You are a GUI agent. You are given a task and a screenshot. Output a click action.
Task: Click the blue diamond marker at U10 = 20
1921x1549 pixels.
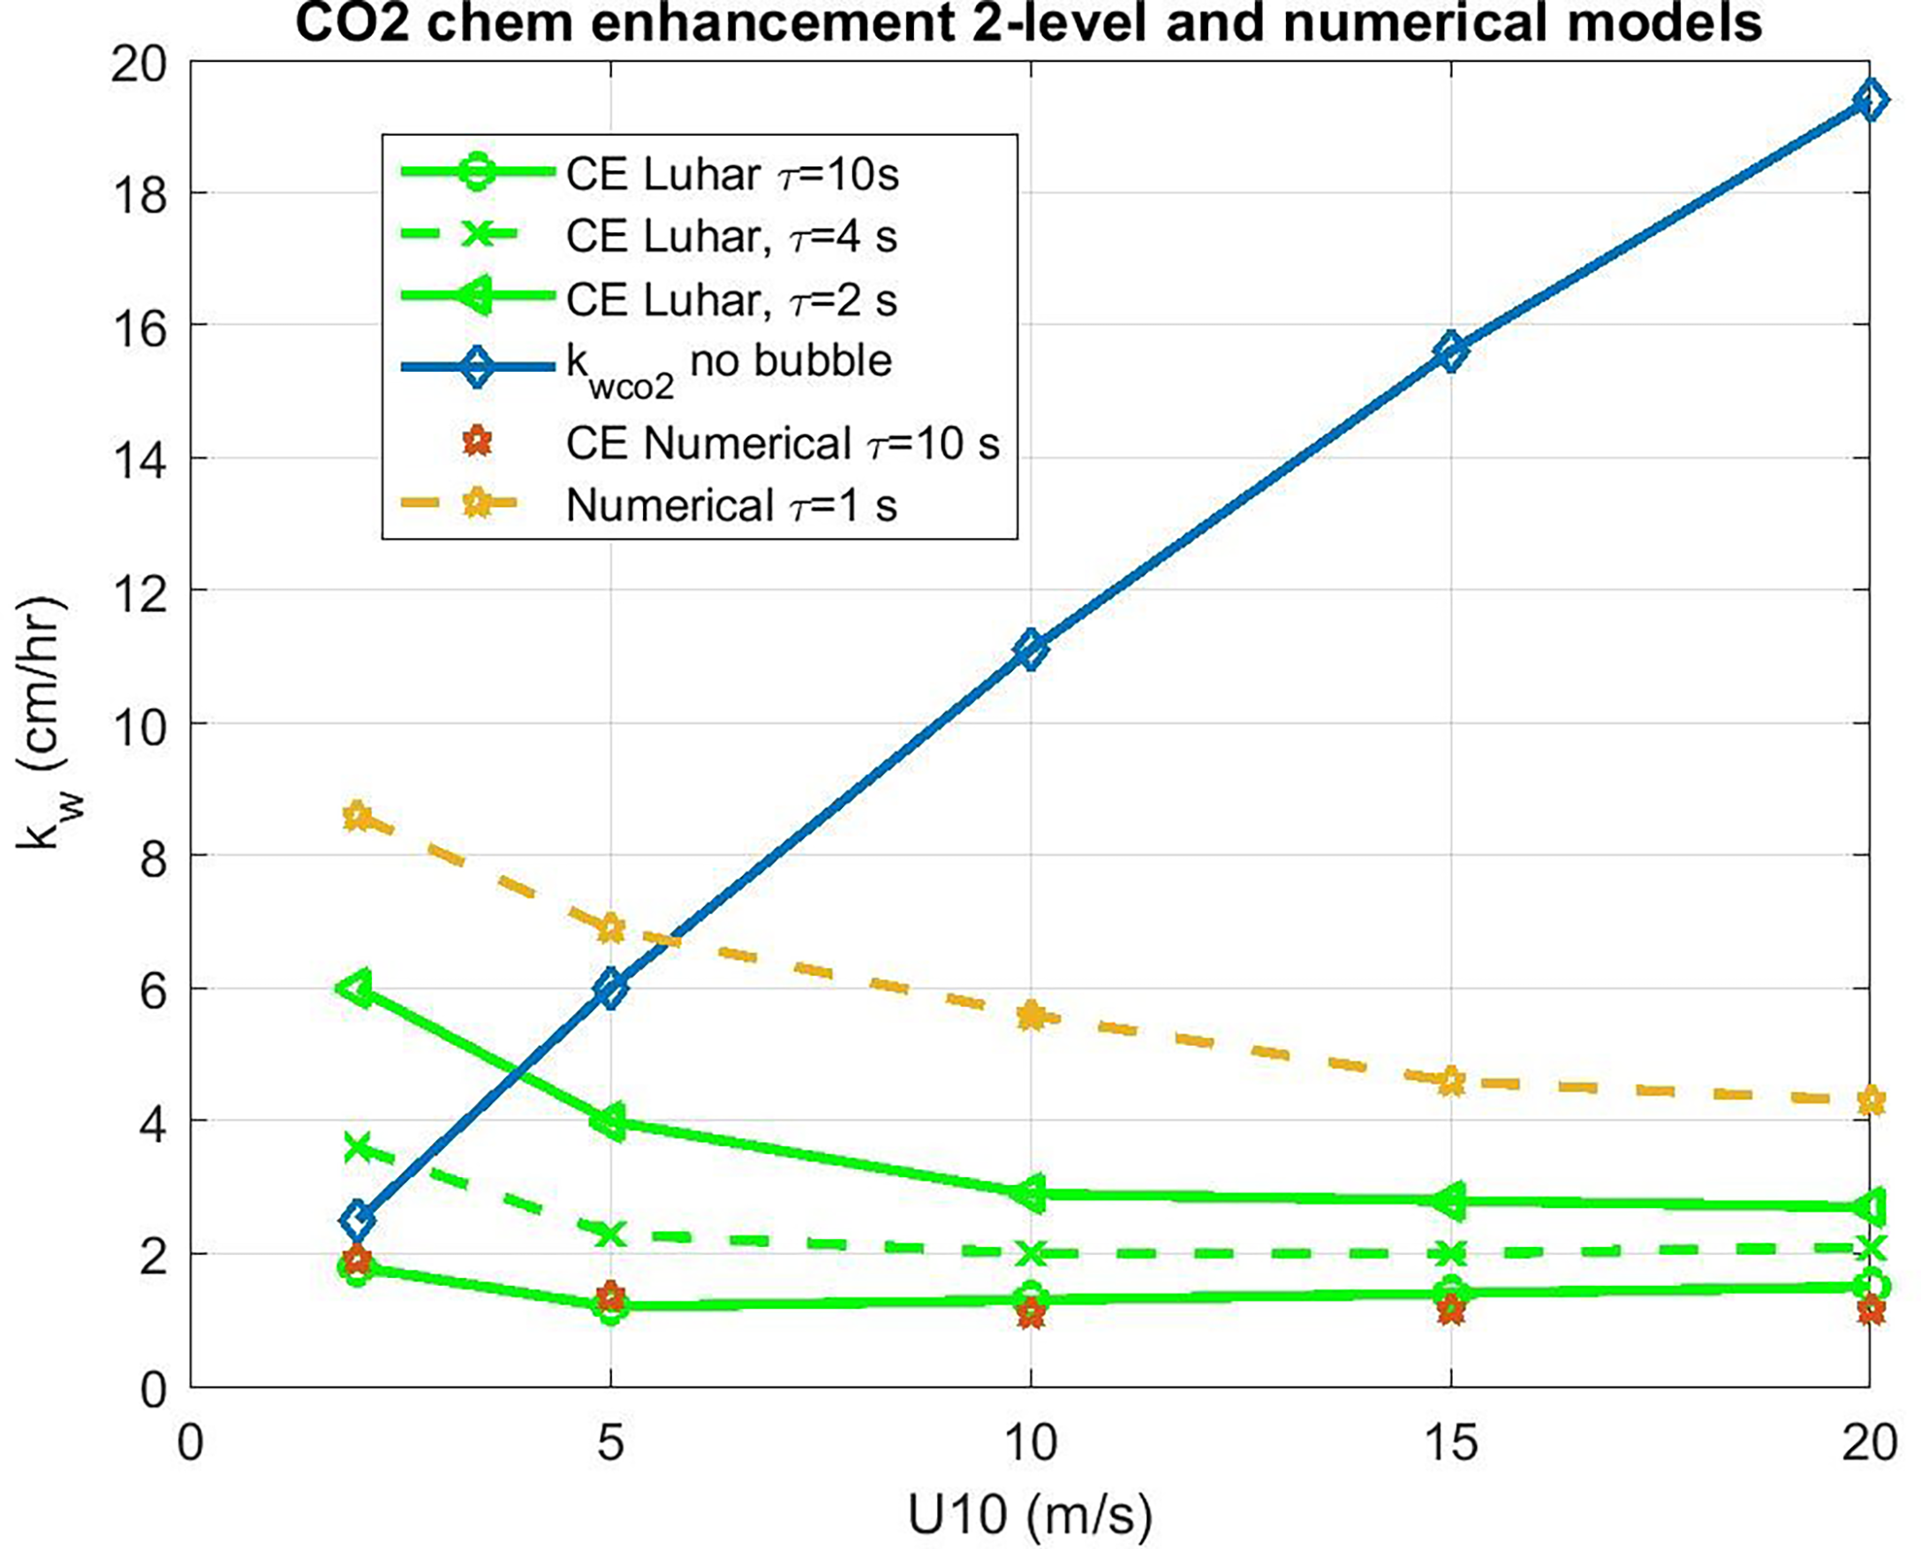click(1869, 100)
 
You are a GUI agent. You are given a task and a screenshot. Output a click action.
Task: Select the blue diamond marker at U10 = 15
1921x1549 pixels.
click(1451, 351)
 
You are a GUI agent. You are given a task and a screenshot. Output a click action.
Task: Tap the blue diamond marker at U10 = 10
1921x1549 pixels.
click(1032, 649)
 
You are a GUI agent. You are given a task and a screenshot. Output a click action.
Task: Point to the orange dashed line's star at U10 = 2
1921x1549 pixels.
click(358, 814)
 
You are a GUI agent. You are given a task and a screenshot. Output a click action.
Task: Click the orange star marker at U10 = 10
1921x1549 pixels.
click(1032, 1015)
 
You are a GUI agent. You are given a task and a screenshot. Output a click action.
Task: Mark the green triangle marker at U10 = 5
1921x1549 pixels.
click(611, 1122)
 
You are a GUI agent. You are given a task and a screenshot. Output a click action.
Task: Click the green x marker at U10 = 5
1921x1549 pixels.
click(611, 1234)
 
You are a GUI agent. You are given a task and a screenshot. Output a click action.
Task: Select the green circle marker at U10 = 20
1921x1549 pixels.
click(1869, 1285)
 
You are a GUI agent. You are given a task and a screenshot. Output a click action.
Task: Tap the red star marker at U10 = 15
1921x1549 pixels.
click(1451, 1311)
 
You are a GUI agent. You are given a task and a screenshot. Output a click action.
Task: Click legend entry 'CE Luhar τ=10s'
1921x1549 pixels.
click(731, 175)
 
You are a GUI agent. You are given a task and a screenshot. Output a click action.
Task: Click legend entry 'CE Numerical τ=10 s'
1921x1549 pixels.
click(783, 443)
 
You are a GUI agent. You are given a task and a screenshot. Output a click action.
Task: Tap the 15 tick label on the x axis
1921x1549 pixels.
click(1451, 1443)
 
